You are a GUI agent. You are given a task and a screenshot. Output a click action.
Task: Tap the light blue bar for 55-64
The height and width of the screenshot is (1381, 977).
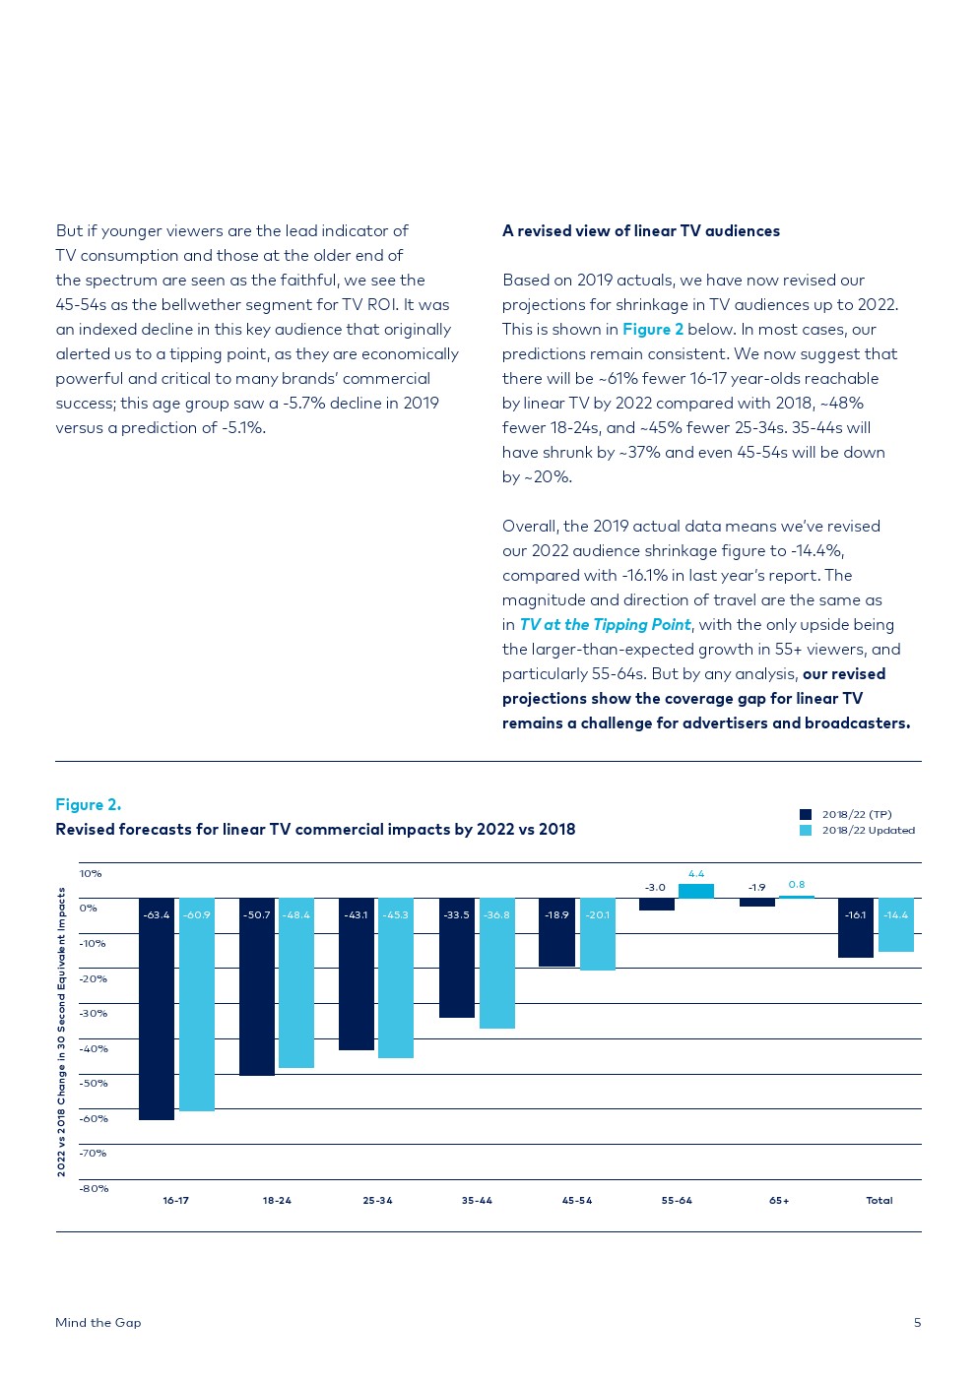pos(696,891)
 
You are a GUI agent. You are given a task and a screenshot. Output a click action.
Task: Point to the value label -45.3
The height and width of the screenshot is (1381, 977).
pos(396,915)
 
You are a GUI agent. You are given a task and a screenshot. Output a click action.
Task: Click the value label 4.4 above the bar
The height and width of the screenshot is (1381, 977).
pos(696,874)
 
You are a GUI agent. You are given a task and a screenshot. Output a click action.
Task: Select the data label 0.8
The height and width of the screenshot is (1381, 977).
pos(797,885)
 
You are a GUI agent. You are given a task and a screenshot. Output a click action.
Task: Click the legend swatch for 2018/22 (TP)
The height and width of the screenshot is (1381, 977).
pos(806,814)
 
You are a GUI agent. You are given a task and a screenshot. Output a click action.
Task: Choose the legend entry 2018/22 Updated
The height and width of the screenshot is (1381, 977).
pos(868,831)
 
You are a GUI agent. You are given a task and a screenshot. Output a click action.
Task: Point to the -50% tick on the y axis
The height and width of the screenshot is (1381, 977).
pos(94,1084)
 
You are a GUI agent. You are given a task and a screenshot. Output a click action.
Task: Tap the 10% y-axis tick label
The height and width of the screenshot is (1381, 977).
pos(91,874)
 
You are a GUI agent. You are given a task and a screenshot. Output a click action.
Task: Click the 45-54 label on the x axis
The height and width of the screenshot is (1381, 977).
pos(577,1201)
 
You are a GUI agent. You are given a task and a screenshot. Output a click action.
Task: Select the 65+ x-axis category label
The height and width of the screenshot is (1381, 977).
pos(779,1201)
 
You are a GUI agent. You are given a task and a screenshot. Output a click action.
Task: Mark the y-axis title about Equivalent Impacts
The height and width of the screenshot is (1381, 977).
pos(61,1032)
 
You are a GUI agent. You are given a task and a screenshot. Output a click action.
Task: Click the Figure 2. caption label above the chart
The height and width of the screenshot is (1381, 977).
pos(89,805)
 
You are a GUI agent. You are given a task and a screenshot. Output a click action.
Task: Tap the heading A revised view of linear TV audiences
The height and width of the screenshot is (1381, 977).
pos(641,231)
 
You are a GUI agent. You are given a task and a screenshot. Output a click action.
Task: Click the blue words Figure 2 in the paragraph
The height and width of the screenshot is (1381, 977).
pos(653,330)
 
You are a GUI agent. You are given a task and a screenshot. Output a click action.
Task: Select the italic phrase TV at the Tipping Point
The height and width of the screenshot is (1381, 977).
pos(605,625)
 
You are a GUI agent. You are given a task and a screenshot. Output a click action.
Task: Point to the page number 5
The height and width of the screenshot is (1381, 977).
pos(917,1323)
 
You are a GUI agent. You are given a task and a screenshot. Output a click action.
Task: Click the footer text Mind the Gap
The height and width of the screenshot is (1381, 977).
pos(98,1323)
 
